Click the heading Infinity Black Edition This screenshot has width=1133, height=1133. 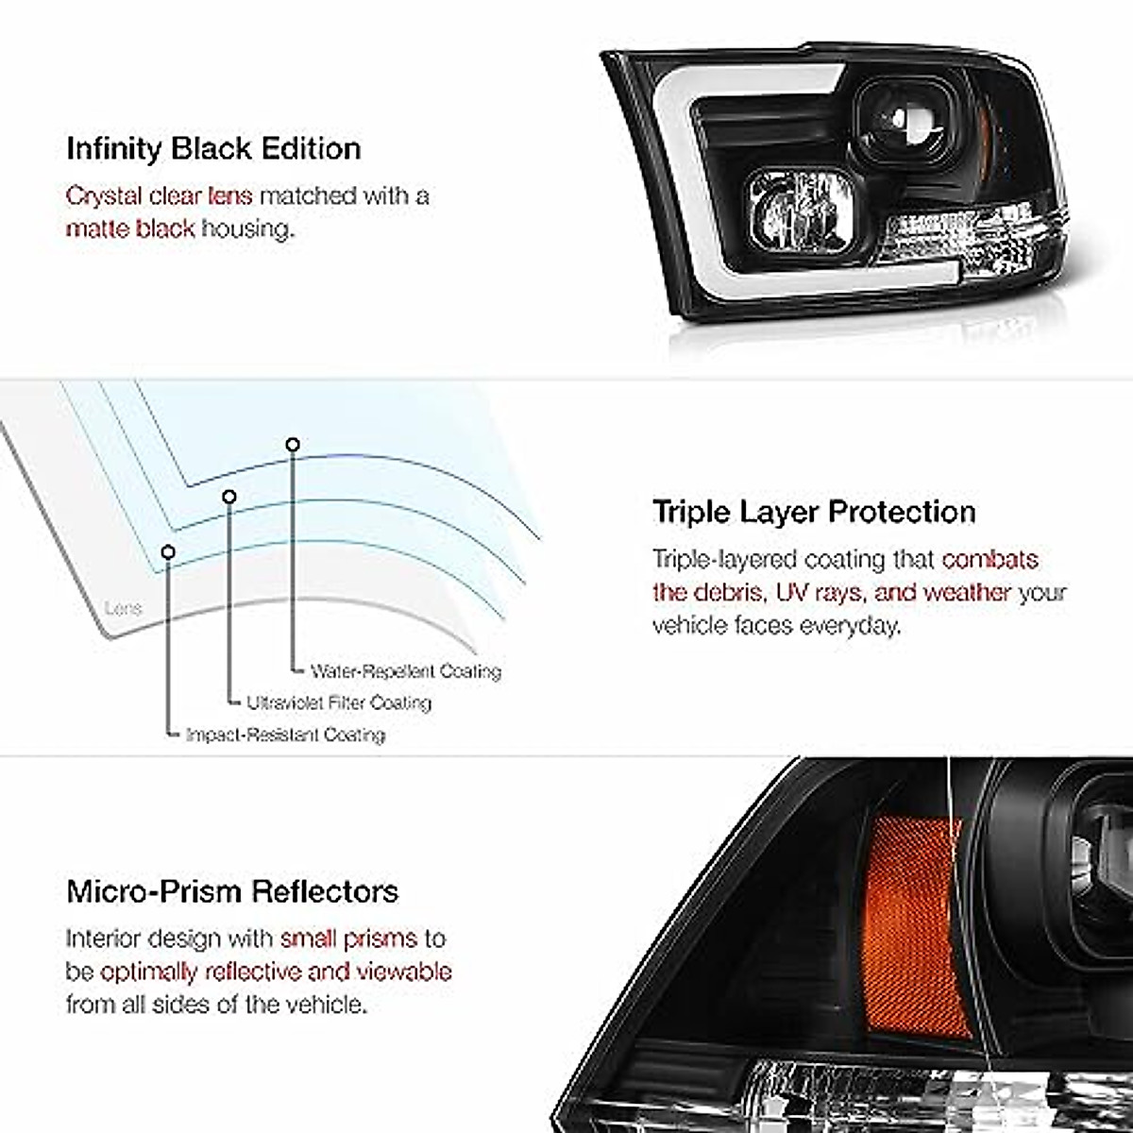[213, 149]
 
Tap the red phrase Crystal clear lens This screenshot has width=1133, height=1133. [159, 196]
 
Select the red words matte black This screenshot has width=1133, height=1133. [130, 228]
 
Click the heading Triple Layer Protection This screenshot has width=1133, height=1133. [814, 512]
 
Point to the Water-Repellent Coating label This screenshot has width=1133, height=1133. [406, 671]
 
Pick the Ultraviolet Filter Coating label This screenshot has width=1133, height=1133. [339, 702]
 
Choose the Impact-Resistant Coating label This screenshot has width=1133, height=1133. [285, 735]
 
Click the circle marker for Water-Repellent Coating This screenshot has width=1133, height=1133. [293, 444]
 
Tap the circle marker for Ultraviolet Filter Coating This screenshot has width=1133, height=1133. [229, 496]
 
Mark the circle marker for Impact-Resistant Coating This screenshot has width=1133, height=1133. [168, 550]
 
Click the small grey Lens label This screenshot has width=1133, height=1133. [123, 609]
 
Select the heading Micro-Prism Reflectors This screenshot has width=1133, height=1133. [232, 891]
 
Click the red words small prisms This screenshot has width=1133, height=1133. [348, 939]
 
